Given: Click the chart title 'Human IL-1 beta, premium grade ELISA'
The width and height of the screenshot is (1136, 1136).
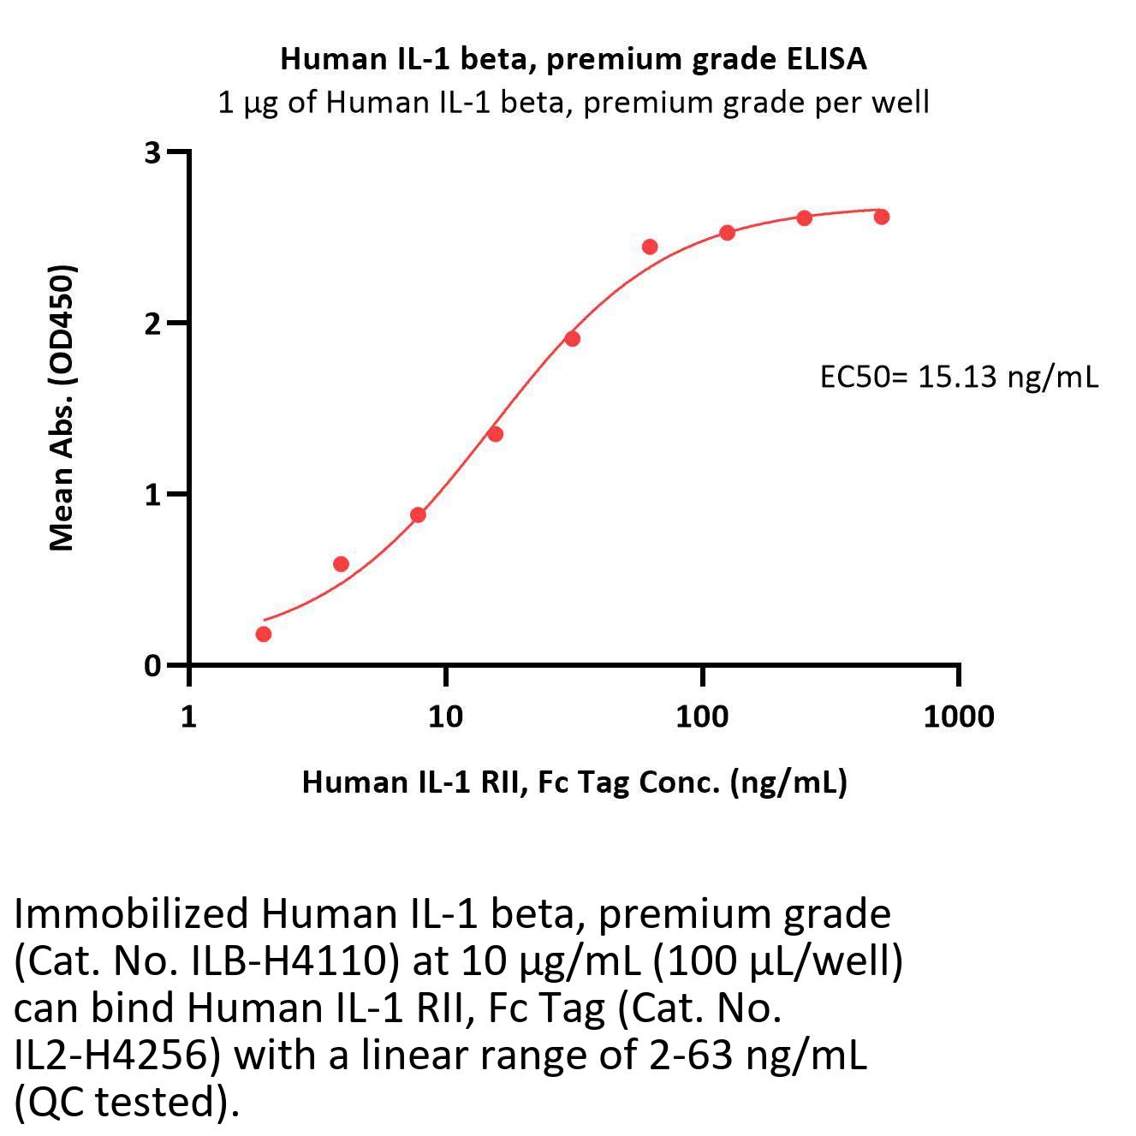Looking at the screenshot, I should coord(574,59).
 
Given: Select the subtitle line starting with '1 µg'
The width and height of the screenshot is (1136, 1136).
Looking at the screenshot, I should coord(574,103).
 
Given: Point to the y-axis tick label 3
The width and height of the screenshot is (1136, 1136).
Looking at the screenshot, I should coord(153,152).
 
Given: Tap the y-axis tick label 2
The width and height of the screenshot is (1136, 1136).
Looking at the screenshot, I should coord(153,324).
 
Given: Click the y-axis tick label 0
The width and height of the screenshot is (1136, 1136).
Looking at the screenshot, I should coord(153,666).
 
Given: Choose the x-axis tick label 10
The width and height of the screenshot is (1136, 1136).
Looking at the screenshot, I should coord(445,716).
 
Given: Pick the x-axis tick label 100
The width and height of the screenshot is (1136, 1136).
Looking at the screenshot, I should coord(702,716).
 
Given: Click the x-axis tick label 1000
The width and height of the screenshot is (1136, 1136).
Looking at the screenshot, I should coord(959,716).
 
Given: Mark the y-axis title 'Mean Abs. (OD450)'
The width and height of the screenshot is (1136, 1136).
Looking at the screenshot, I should coord(62,407).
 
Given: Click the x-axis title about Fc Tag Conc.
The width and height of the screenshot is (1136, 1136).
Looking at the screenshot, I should coord(574,782).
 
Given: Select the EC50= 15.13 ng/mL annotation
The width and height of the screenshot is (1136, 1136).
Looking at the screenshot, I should coord(959,377).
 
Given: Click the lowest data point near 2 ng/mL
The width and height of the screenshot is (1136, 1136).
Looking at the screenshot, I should coord(264,634).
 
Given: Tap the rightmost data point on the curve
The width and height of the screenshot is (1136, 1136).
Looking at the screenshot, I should coord(881,217).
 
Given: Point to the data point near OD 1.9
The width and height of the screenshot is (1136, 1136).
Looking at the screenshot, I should coord(572,339).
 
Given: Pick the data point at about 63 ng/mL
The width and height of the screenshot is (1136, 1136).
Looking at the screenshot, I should coord(650,247).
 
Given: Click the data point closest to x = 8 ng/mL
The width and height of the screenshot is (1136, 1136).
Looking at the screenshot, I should coord(418,514).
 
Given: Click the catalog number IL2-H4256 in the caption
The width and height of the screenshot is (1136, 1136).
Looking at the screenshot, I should coord(112,1056).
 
